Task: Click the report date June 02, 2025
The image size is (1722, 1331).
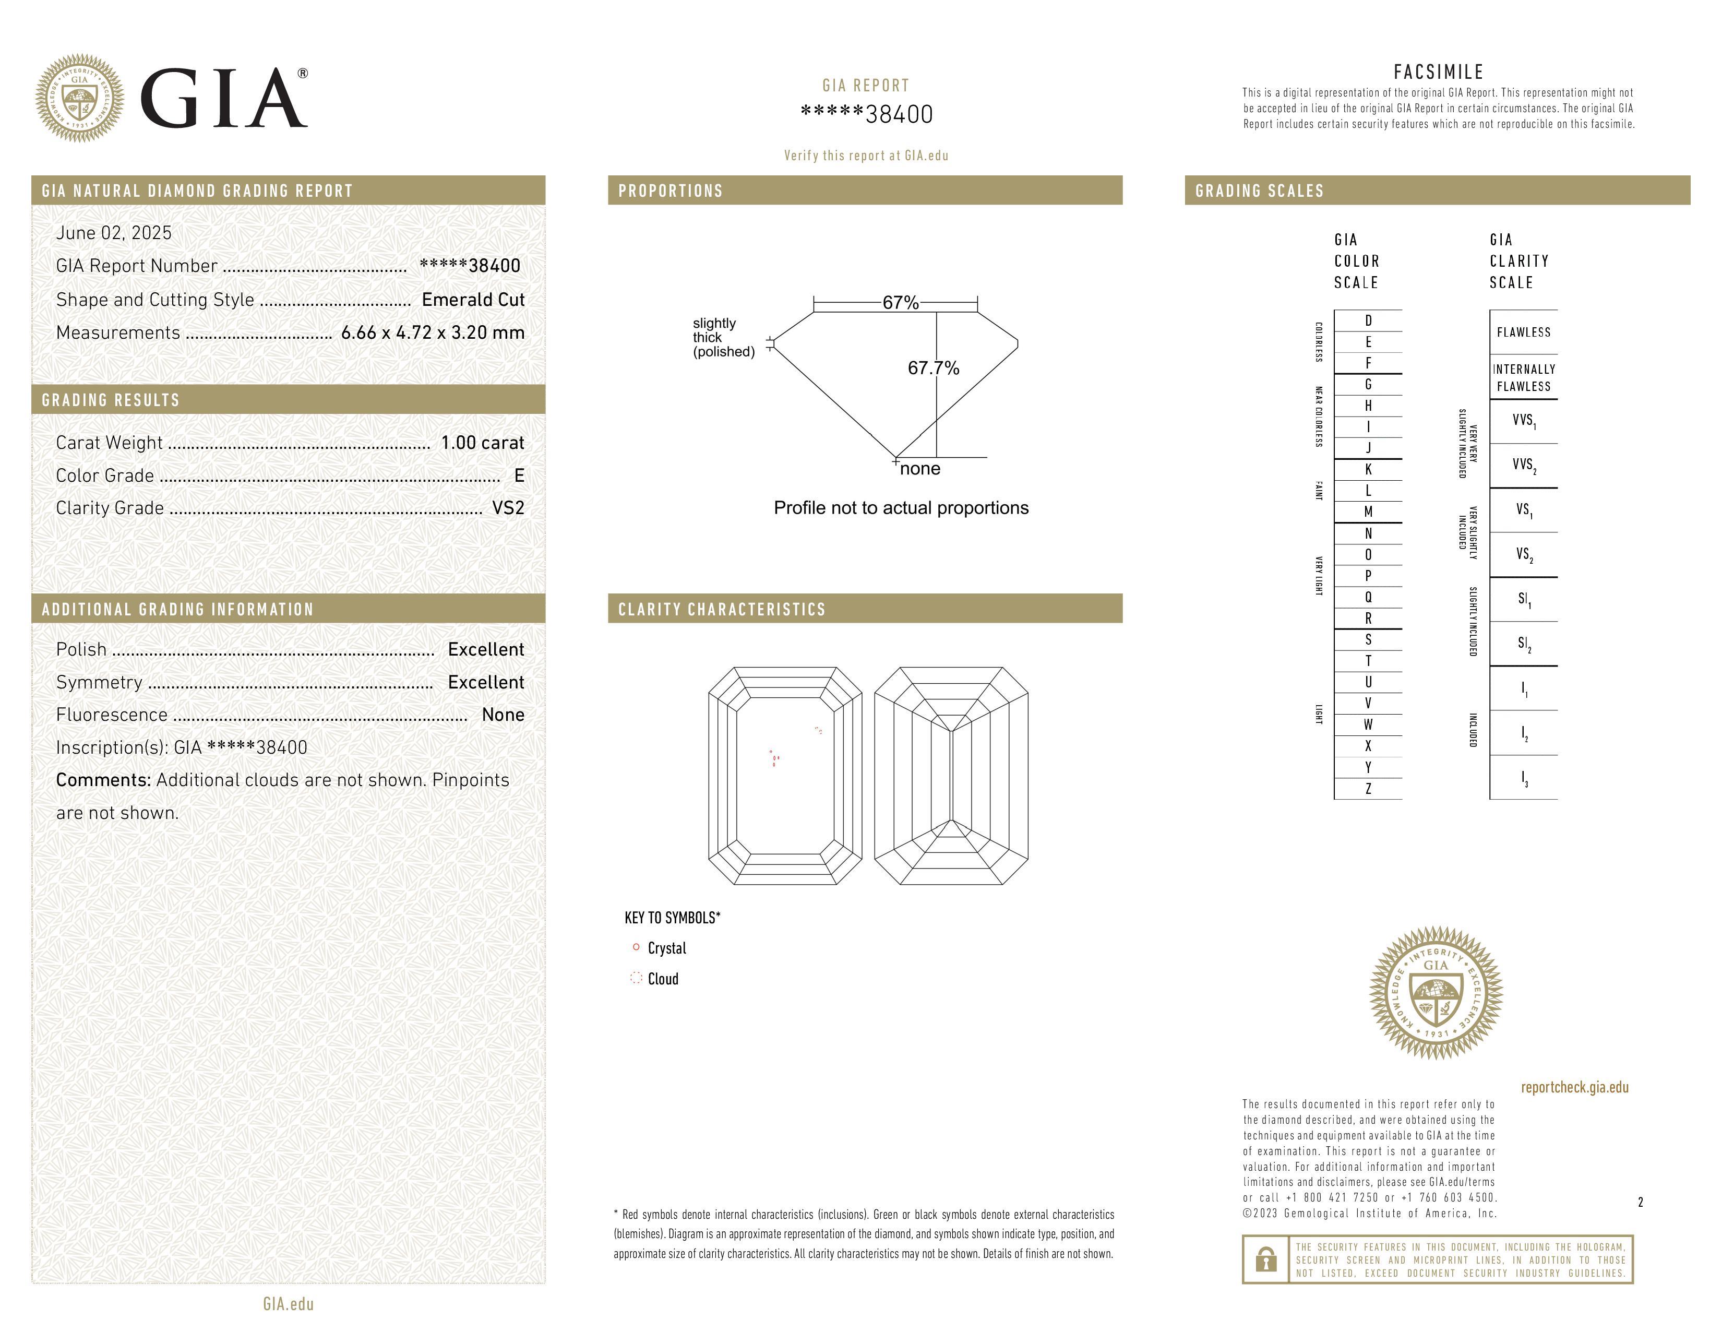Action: pos(114,233)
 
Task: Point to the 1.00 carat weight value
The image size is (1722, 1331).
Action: pos(482,442)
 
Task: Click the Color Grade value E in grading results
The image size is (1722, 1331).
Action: pos(519,476)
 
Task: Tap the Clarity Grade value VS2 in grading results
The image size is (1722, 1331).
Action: pos(508,508)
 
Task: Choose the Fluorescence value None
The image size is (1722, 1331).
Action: pos(503,715)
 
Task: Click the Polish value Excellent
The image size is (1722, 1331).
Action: pos(486,649)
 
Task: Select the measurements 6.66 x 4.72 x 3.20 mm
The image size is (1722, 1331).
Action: pos(432,333)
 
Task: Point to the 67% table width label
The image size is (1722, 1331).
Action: pos(901,303)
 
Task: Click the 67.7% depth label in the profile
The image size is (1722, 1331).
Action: pos(933,368)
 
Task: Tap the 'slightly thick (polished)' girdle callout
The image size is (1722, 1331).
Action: pos(723,338)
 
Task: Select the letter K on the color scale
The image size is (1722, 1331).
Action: pos(1368,469)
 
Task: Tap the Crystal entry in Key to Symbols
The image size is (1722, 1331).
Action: pos(666,948)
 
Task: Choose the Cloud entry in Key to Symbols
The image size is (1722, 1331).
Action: pos(662,979)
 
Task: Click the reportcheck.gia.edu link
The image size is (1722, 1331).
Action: pos(1574,1087)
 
